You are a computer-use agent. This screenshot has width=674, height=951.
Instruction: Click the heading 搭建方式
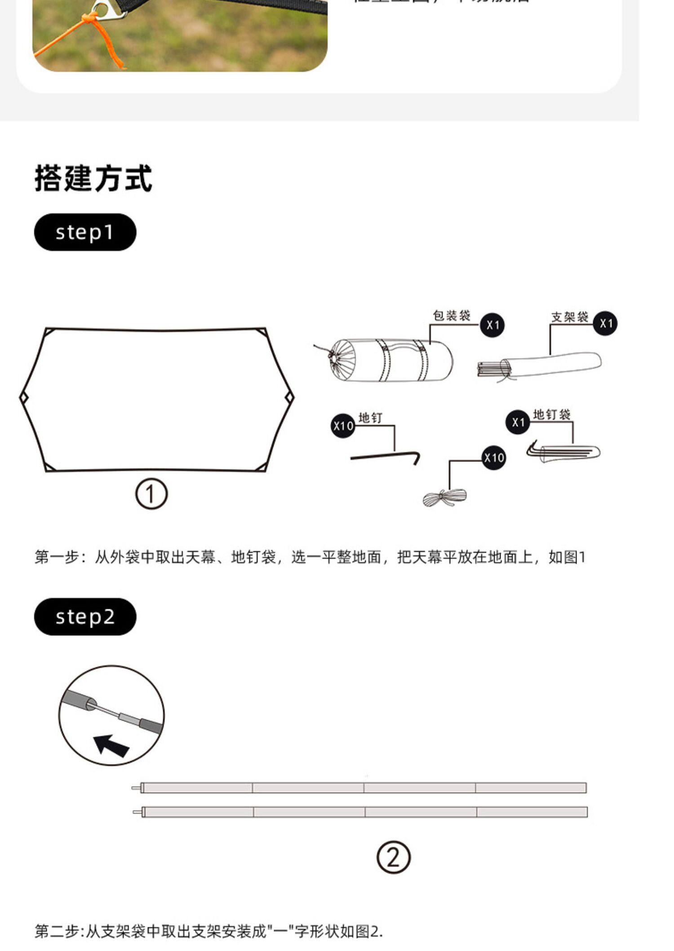tap(93, 178)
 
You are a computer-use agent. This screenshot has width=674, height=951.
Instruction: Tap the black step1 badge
tap(85, 232)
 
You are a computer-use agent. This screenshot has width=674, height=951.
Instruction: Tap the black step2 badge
tap(85, 616)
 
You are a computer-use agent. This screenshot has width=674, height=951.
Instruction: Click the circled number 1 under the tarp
tap(151, 494)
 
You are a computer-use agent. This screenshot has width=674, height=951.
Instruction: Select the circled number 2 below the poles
tap(393, 858)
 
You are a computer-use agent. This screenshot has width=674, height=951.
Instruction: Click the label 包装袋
tap(451, 316)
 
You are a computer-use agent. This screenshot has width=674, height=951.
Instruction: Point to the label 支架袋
tap(570, 317)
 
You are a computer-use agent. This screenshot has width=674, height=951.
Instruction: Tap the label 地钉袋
tap(552, 414)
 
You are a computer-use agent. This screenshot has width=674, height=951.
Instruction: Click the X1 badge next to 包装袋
tap(492, 325)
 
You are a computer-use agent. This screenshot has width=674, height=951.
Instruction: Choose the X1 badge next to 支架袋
tap(605, 323)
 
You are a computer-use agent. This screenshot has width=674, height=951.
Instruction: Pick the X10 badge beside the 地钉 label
tap(343, 426)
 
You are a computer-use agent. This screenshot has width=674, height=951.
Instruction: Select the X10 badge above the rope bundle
tap(494, 458)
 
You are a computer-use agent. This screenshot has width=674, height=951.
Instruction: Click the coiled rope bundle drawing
tap(444, 498)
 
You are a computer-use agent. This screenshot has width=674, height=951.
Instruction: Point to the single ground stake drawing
tap(385, 458)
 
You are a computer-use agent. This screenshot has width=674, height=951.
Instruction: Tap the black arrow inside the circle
tap(111, 745)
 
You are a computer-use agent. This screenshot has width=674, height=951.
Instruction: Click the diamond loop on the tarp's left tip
tap(24, 398)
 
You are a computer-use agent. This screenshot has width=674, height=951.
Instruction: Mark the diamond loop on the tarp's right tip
tap(290, 397)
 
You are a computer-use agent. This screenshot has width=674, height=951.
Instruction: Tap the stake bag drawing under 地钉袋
tap(564, 452)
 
